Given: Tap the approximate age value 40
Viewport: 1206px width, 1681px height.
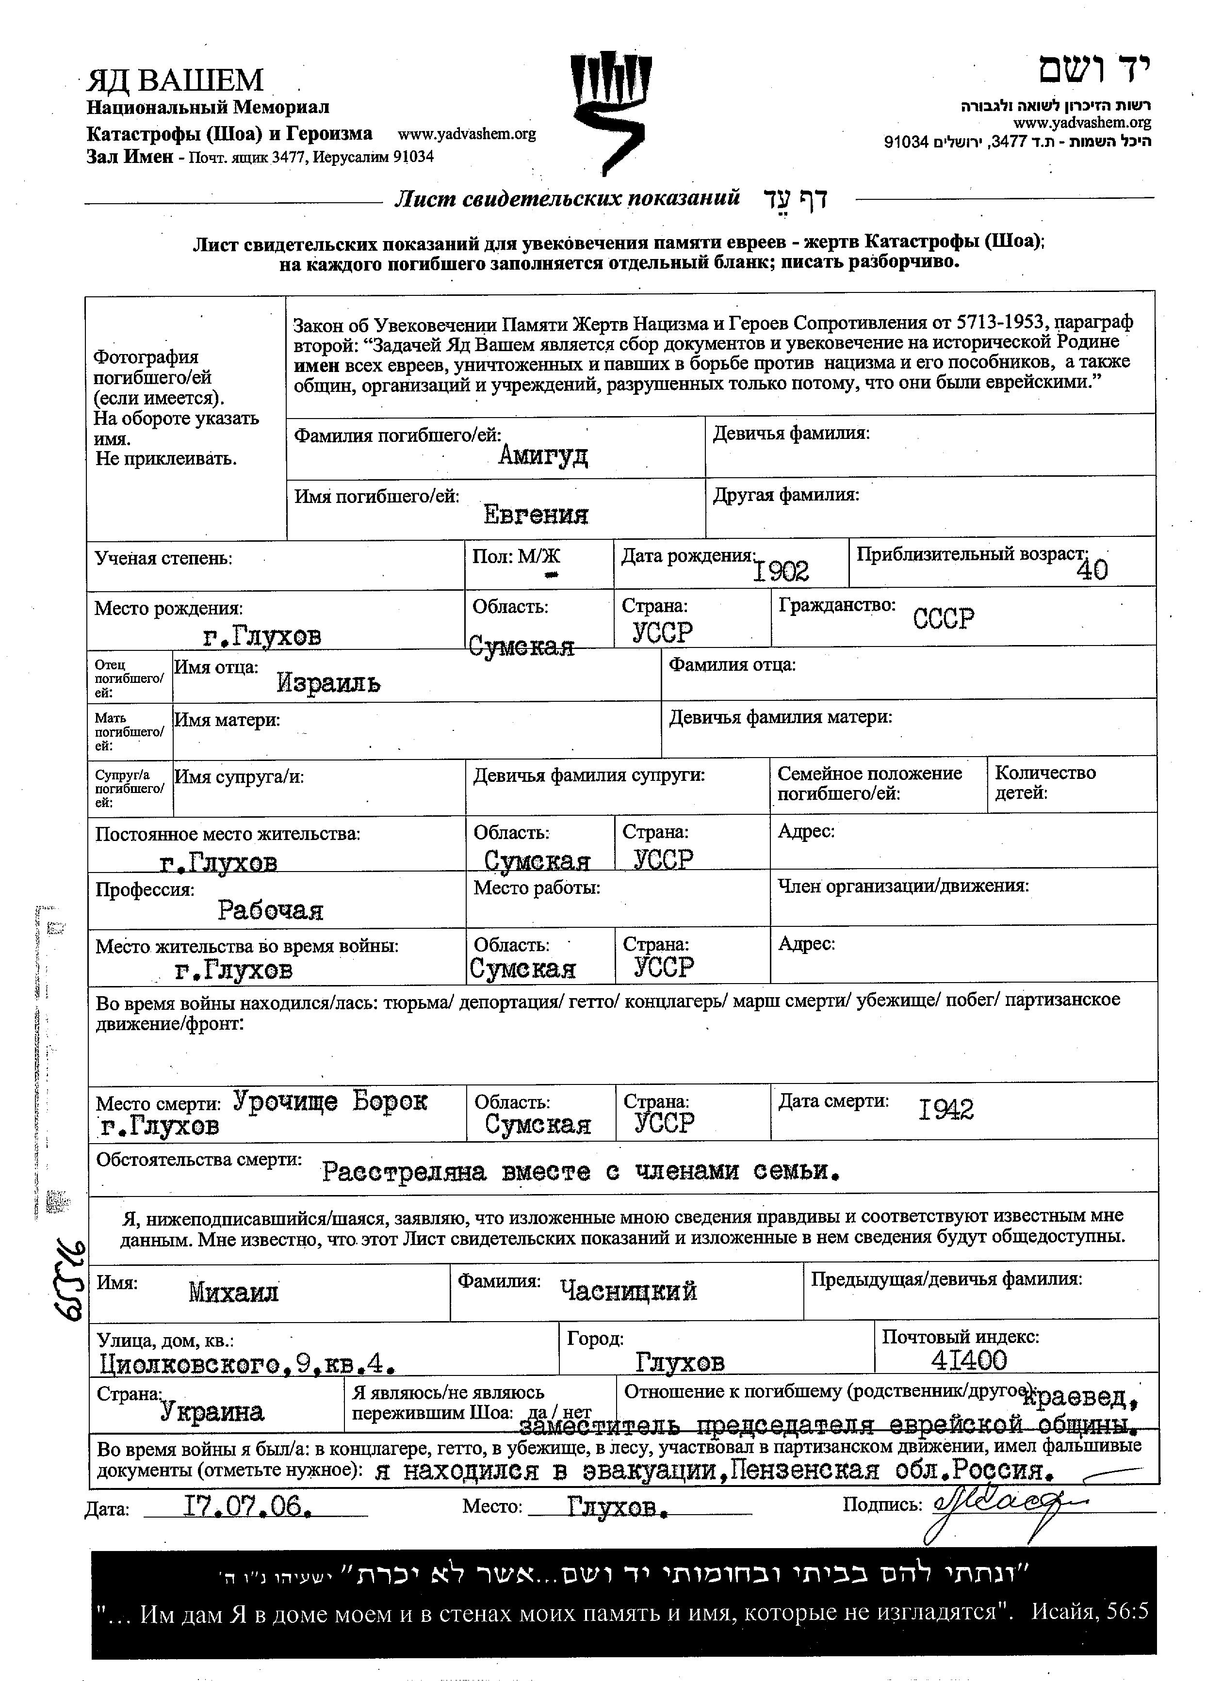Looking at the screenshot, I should [1092, 569].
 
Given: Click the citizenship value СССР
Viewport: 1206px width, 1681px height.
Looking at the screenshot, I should [943, 617].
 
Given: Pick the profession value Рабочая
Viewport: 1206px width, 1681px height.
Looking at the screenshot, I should [270, 909].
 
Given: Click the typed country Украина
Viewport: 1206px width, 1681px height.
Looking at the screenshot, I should [212, 1412].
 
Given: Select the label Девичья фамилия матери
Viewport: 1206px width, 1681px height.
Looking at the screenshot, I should [780, 717].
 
